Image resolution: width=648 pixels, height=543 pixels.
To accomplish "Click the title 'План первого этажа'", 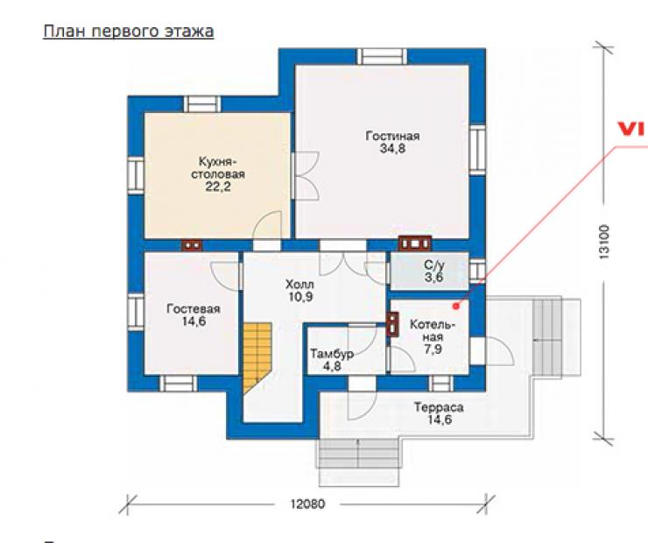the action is [129, 32].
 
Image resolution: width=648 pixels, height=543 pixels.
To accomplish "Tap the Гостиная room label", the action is [392, 137].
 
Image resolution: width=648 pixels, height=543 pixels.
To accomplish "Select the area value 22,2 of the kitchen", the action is [218, 187].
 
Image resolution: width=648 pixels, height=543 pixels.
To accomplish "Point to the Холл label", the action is [299, 285].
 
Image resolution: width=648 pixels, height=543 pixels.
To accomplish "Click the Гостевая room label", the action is [194, 309].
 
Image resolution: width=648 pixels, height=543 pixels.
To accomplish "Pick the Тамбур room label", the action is [332, 355].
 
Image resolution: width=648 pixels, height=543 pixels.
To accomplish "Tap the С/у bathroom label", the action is [434, 264].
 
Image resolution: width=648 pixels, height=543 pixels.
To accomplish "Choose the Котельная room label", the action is [433, 331].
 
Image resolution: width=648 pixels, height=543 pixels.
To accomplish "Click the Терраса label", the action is [439, 407].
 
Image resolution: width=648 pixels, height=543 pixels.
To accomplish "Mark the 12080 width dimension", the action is [307, 504].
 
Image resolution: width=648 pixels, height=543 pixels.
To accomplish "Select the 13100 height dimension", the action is [604, 242].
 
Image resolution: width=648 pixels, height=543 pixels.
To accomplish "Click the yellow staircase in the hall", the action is [257, 357].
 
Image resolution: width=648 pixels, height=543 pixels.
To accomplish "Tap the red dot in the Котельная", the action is [456, 307].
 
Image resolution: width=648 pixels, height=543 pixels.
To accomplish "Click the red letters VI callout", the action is [632, 130].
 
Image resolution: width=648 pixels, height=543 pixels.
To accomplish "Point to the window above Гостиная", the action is [382, 57].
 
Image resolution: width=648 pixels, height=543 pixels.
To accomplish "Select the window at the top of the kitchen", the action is [201, 104].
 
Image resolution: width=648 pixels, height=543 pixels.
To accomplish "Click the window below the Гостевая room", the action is [178, 383].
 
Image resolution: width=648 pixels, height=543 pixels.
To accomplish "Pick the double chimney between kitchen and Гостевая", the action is [192, 245].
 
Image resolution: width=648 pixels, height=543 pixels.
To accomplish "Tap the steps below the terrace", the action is [358, 462].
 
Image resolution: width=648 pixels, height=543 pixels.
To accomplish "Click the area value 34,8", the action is [392, 149].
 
